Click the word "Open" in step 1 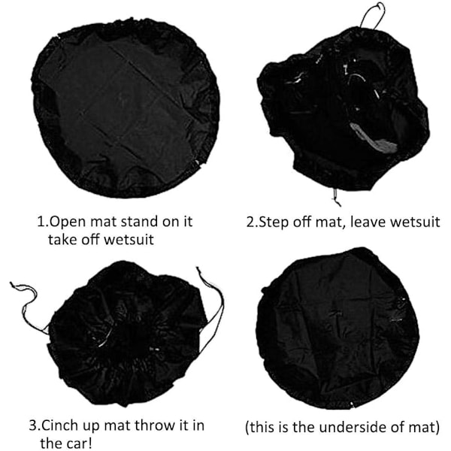68,222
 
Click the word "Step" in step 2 274,222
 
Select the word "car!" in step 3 80,443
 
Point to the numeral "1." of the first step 43,222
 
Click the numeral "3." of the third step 35,425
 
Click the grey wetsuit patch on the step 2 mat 374,138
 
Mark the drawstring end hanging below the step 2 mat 336,197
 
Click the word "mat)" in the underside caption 425,427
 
